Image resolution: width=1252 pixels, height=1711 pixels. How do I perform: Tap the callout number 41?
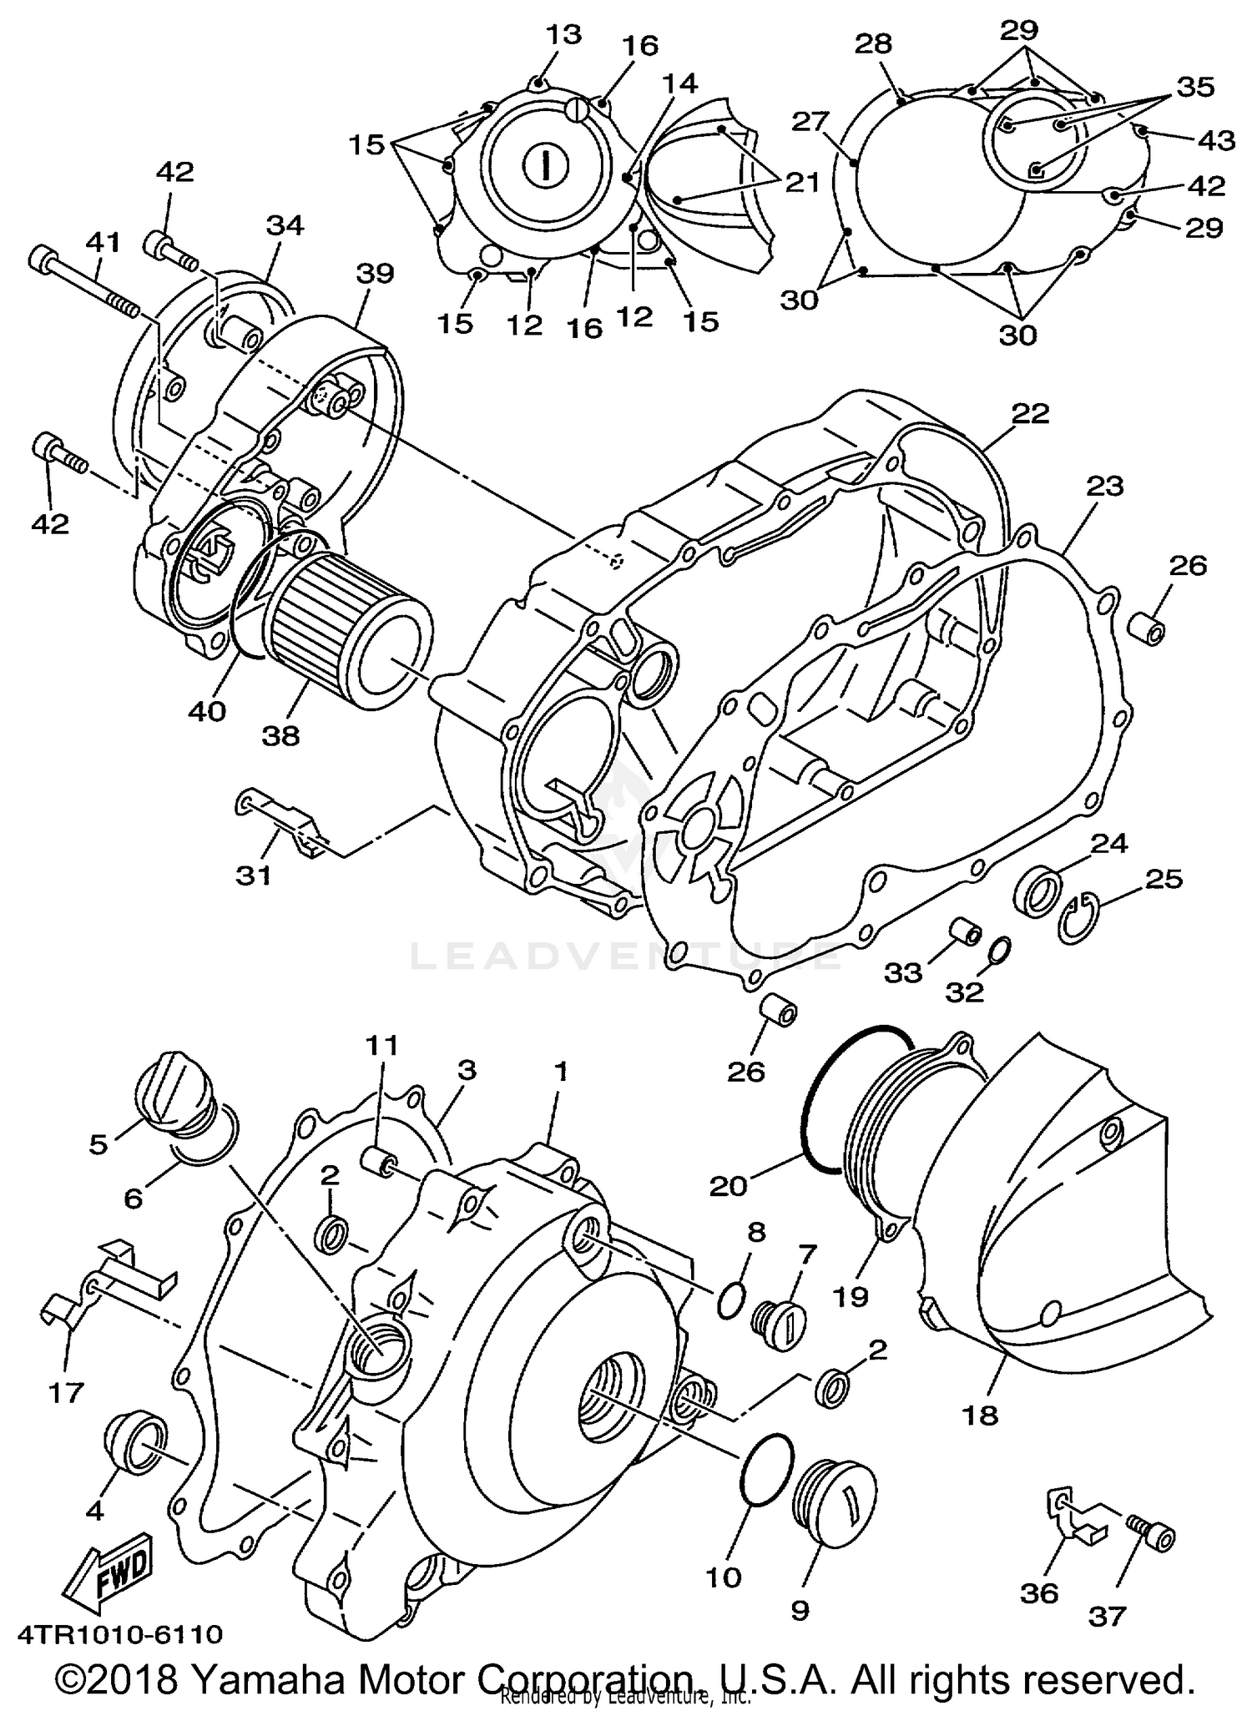pyautogui.click(x=103, y=243)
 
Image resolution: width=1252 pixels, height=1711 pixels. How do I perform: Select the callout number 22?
pyautogui.click(x=1030, y=413)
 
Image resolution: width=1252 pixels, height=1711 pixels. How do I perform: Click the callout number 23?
pyautogui.click(x=1104, y=486)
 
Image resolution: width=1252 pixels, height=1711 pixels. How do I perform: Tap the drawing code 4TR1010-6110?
pyautogui.click(x=120, y=1633)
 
